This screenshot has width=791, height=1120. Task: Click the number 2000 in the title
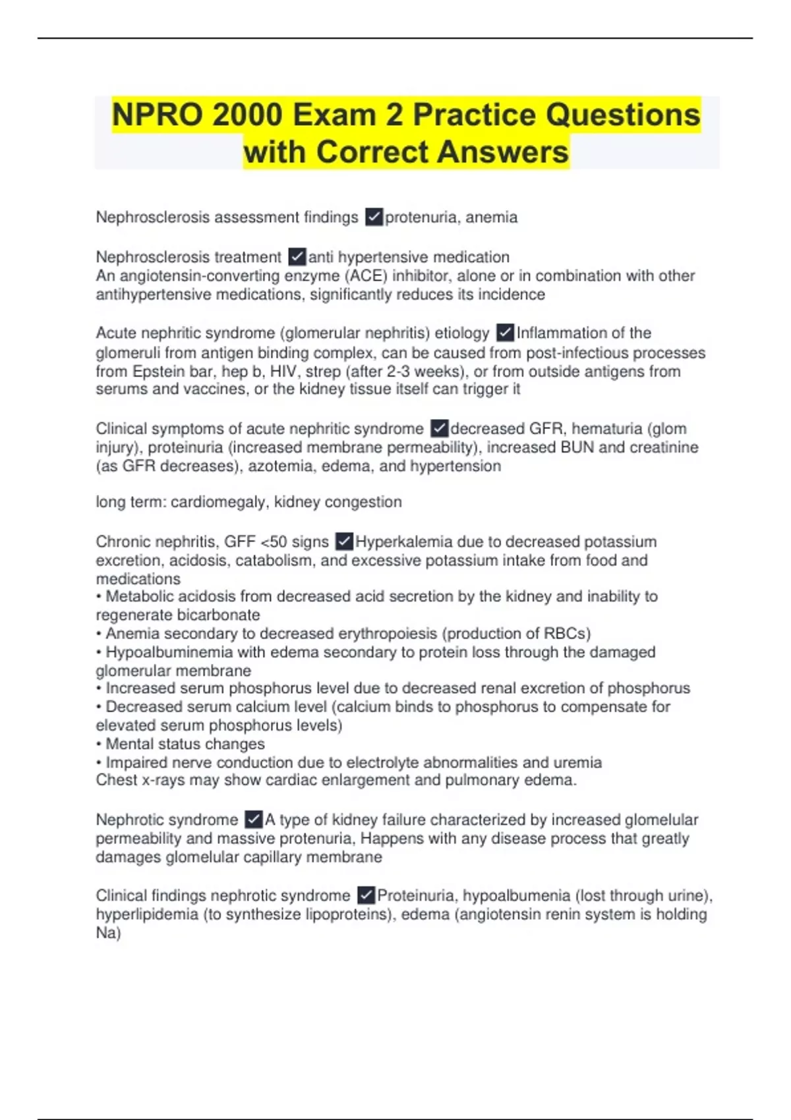[246, 115]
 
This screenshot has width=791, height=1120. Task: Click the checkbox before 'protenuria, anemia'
[374, 217]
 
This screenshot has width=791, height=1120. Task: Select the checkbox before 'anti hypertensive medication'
[297, 256]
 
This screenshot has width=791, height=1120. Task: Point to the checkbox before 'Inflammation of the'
[505, 333]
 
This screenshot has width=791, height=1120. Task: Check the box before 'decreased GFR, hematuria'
[439, 428]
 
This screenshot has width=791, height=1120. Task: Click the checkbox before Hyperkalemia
[344, 542]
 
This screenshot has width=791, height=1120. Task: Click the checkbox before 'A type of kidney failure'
[253, 820]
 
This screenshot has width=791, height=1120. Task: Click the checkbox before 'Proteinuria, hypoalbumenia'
[366, 895]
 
